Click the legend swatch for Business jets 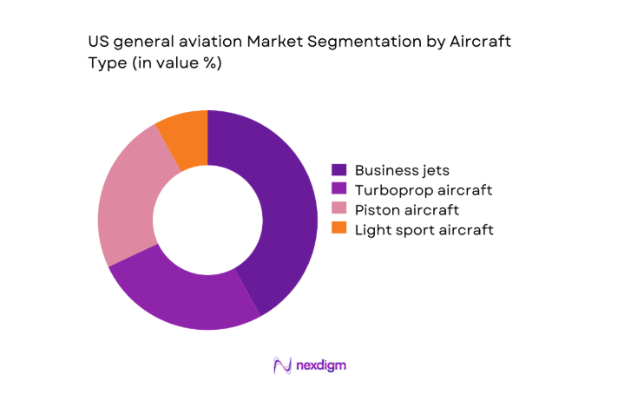point(339,170)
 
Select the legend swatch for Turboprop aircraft point(339,190)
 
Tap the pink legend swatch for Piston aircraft point(339,210)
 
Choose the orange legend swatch point(339,229)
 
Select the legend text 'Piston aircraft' point(407,210)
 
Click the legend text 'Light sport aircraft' point(424,230)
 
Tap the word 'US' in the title point(98,42)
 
